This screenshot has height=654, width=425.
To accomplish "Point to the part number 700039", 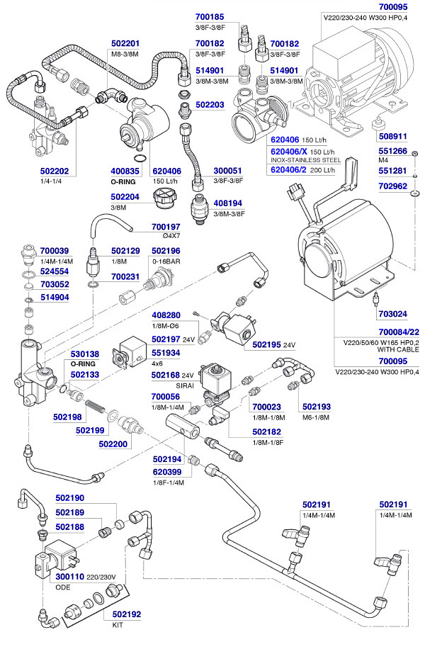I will tap(55, 251).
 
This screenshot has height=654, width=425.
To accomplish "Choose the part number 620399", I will tap(168, 472).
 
